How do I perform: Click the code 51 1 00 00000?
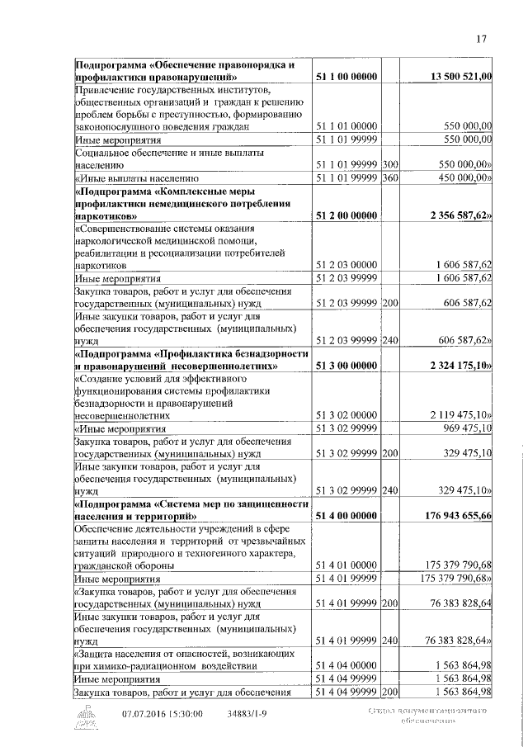tap(347, 77)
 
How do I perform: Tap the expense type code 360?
tap(390, 177)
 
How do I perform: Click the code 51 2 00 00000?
tap(347, 215)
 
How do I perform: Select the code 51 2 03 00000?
tap(347, 266)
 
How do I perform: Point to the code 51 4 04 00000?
tap(347, 665)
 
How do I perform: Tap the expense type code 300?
tap(390, 165)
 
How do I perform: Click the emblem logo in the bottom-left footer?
tap(85, 717)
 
